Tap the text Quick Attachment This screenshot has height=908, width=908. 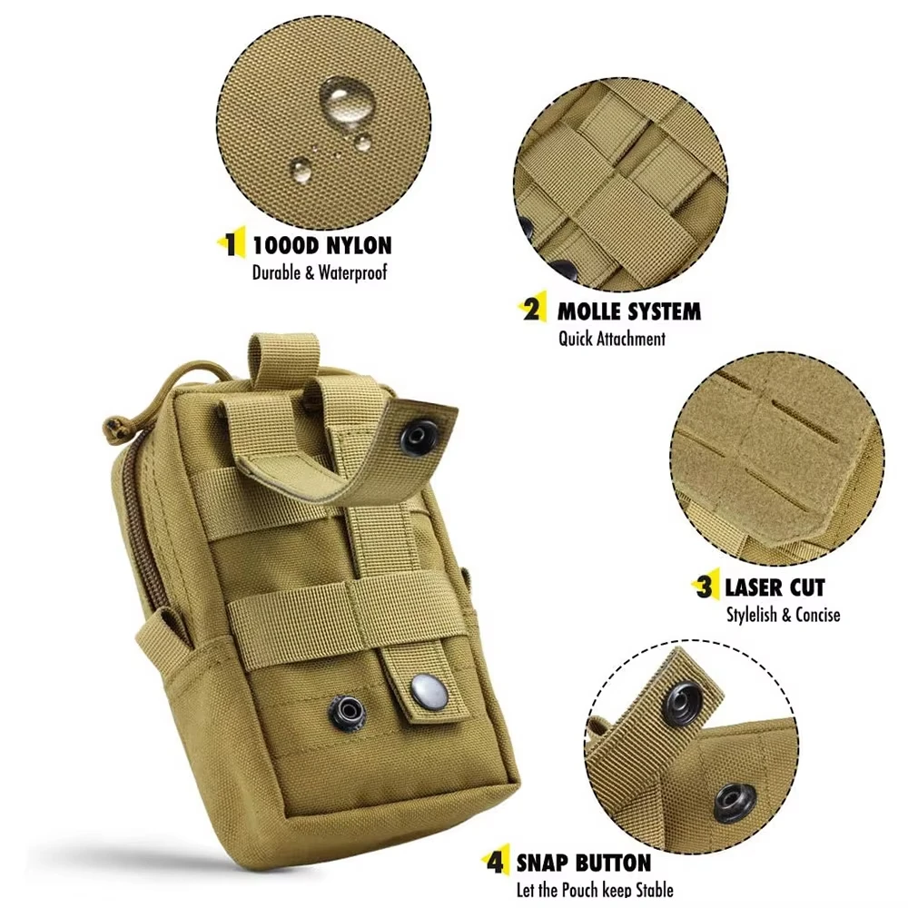[x=611, y=339]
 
